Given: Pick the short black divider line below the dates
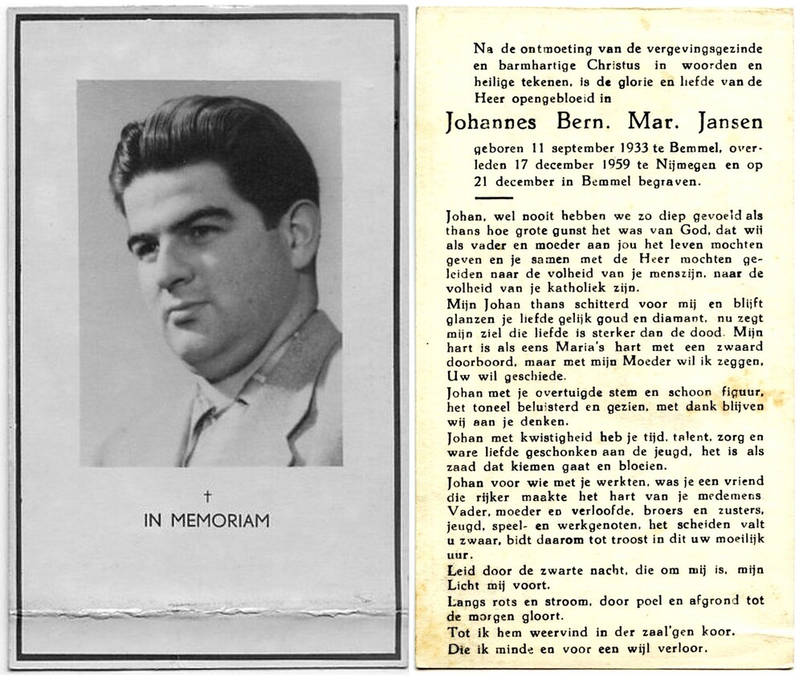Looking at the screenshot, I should (499, 197).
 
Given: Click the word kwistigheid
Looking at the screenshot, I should (523, 438).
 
